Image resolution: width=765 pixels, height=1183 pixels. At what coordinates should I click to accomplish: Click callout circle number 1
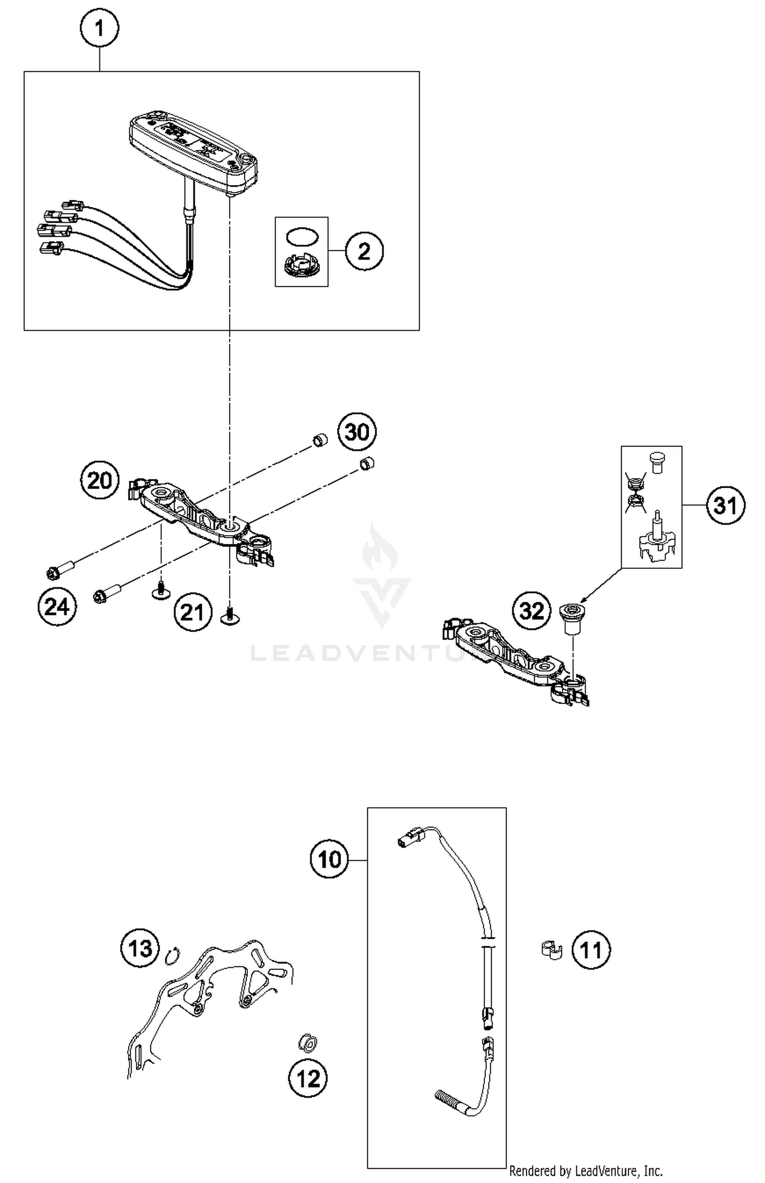99,28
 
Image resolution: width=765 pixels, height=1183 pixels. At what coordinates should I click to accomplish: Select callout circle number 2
364,251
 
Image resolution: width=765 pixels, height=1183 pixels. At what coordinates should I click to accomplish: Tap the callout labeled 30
357,432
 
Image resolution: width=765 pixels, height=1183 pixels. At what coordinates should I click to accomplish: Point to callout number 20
100,480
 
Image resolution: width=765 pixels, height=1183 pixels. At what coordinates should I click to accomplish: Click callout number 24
57,607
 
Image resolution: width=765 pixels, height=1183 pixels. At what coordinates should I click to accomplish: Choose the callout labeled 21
192,612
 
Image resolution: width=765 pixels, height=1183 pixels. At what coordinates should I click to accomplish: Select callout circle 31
725,506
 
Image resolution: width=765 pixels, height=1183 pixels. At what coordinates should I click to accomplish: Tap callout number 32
532,610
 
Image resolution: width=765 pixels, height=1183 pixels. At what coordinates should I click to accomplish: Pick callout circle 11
591,950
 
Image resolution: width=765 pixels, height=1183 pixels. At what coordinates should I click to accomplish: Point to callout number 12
308,1079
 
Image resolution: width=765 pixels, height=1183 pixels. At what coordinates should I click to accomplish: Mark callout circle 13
140,949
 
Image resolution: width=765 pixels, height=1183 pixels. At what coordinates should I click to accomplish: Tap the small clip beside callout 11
551,950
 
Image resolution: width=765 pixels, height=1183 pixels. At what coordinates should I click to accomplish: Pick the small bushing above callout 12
308,1043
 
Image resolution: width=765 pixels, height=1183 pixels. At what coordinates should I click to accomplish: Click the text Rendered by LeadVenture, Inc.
585,1171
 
